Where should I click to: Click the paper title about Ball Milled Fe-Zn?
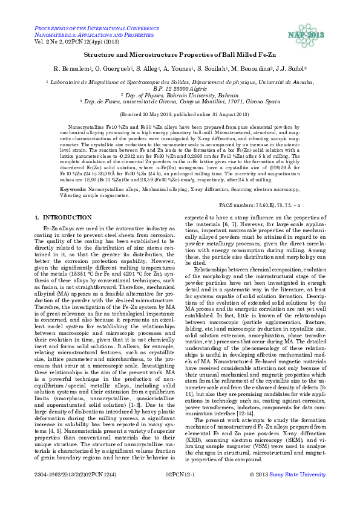pyautogui.click(x=180, y=54)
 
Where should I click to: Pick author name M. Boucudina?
pyautogui.click(x=256, y=69)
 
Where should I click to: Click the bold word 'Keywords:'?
pyautogui.click(x=74, y=173)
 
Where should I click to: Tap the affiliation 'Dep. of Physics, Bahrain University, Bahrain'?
pyautogui.click(x=180, y=96)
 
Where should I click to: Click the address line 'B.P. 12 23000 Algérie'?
pyautogui.click(x=180, y=88)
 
